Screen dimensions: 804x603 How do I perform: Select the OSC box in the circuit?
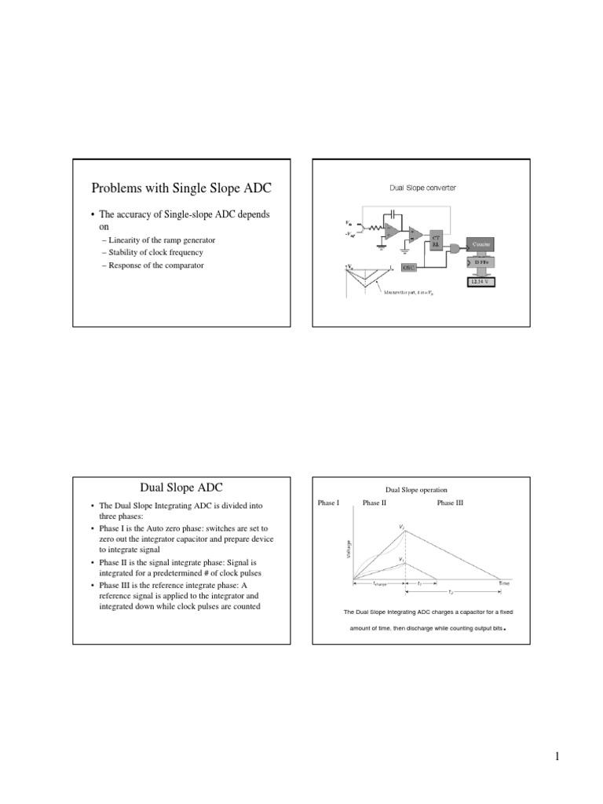[x=409, y=267]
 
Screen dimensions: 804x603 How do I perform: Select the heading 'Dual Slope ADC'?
[x=182, y=488]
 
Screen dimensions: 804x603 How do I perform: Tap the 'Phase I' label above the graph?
[x=328, y=502]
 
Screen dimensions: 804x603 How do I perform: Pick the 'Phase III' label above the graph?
[x=450, y=502]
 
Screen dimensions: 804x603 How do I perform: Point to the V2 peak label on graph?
[x=402, y=526]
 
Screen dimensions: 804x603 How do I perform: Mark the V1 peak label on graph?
[x=402, y=559]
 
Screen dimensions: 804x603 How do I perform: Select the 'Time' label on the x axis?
[x=504, y=583]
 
